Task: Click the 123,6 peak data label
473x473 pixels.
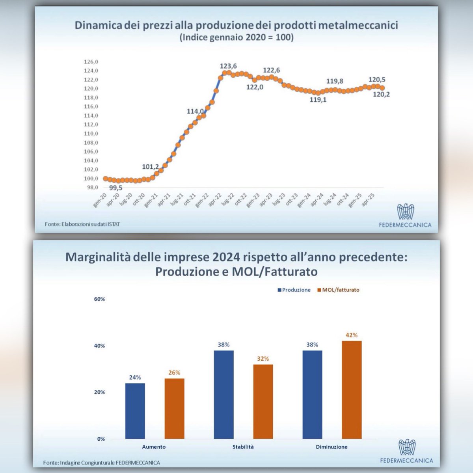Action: tap(228, 66)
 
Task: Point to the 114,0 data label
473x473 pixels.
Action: tap(195, 111)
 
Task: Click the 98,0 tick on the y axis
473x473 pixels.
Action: tap(91, 187)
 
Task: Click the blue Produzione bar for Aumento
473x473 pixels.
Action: tap(135, 411)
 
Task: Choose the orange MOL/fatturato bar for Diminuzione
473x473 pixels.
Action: tap(352, 390)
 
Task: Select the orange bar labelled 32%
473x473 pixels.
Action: tap(263, 402)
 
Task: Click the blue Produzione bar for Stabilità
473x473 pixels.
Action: tap(224, 395)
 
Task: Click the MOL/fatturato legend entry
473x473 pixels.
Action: tap(338, 290)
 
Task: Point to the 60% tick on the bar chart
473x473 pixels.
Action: tap(99, 299)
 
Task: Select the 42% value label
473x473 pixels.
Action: tap(352, 335)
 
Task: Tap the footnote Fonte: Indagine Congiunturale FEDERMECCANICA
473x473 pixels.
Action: tap(101, 463)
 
